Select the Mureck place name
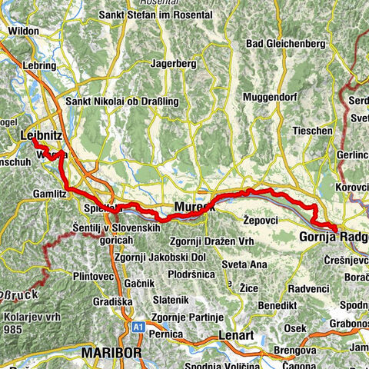[192, 208]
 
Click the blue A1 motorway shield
[138, 327]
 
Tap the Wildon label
[23, 31]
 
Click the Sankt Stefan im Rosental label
[156, 12]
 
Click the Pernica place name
[166, 334]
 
